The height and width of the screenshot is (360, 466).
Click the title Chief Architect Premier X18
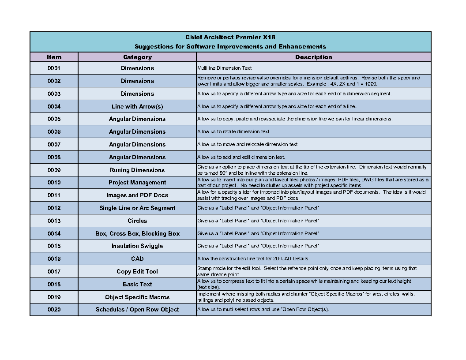tap(230, 37)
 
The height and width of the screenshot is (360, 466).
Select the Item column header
tap(54, 57)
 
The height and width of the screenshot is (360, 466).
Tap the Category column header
tap(137, 57)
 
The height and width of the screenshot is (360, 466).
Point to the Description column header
tap(313, 57)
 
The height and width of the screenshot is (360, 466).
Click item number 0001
tap(54, 68)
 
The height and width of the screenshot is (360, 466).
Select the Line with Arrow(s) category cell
tap(137, 106)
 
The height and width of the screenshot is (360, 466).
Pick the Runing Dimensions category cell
tap(137, 170)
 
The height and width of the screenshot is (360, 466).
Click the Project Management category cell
tap(137, 183)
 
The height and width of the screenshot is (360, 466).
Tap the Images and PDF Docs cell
tap(137, 195)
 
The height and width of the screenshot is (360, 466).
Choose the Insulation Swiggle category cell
tap(137, 246)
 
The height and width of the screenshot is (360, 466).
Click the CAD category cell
tap(137, 259)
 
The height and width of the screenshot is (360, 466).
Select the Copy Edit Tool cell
tap(137, 272)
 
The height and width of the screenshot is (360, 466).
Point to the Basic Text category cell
tap(137, 285)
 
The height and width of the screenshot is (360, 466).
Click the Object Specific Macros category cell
tap(137, 297)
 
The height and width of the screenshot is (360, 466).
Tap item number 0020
tap(54, 310)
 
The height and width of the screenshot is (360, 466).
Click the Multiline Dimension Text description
tap(225, 68)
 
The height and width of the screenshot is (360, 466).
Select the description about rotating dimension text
tap(234, 132)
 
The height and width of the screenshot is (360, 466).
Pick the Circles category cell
tap(137, 221)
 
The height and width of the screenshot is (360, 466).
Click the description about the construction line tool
tap(253, 259)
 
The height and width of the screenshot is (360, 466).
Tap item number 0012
tap(54, 208)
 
